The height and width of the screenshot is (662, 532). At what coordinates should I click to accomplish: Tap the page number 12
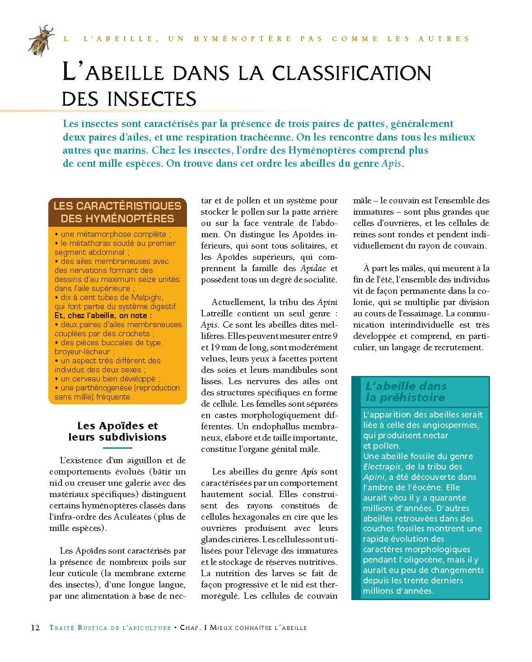click(x=35, y=628)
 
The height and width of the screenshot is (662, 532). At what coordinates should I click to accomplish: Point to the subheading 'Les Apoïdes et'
click(x=117, y=426)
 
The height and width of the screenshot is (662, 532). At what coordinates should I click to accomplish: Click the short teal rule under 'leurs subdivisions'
click(x=117, y=448)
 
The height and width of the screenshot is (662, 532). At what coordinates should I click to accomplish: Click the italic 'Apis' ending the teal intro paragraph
click(x=391, y=163)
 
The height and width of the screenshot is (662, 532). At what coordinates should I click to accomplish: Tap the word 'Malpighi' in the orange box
click(x=144, y=297)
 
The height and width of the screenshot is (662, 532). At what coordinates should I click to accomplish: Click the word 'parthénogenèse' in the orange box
click(x=113, y=388)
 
